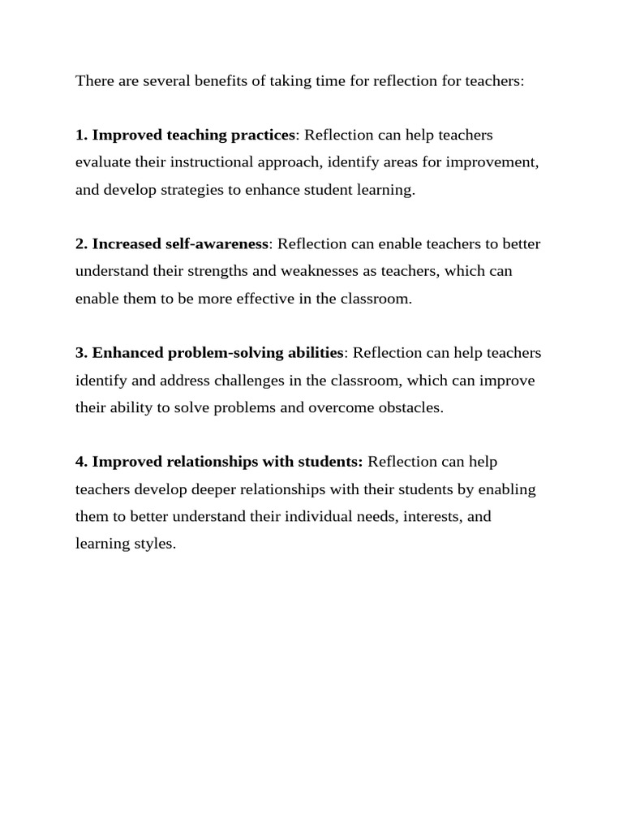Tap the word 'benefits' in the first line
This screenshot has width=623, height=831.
click(x=217, y=81)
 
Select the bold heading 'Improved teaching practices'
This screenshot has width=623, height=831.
click(x=194, y=134)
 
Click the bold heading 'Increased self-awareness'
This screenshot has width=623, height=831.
click(x=180, y=243)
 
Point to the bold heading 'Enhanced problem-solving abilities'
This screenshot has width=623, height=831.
click(x=217, y=353)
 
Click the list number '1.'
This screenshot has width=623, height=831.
click(x=82, y=134)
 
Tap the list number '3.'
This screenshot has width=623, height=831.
click(x=82, y=353)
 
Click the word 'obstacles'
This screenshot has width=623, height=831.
click(x=410, y=407)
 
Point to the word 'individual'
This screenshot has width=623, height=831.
click(x=317, y=517)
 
